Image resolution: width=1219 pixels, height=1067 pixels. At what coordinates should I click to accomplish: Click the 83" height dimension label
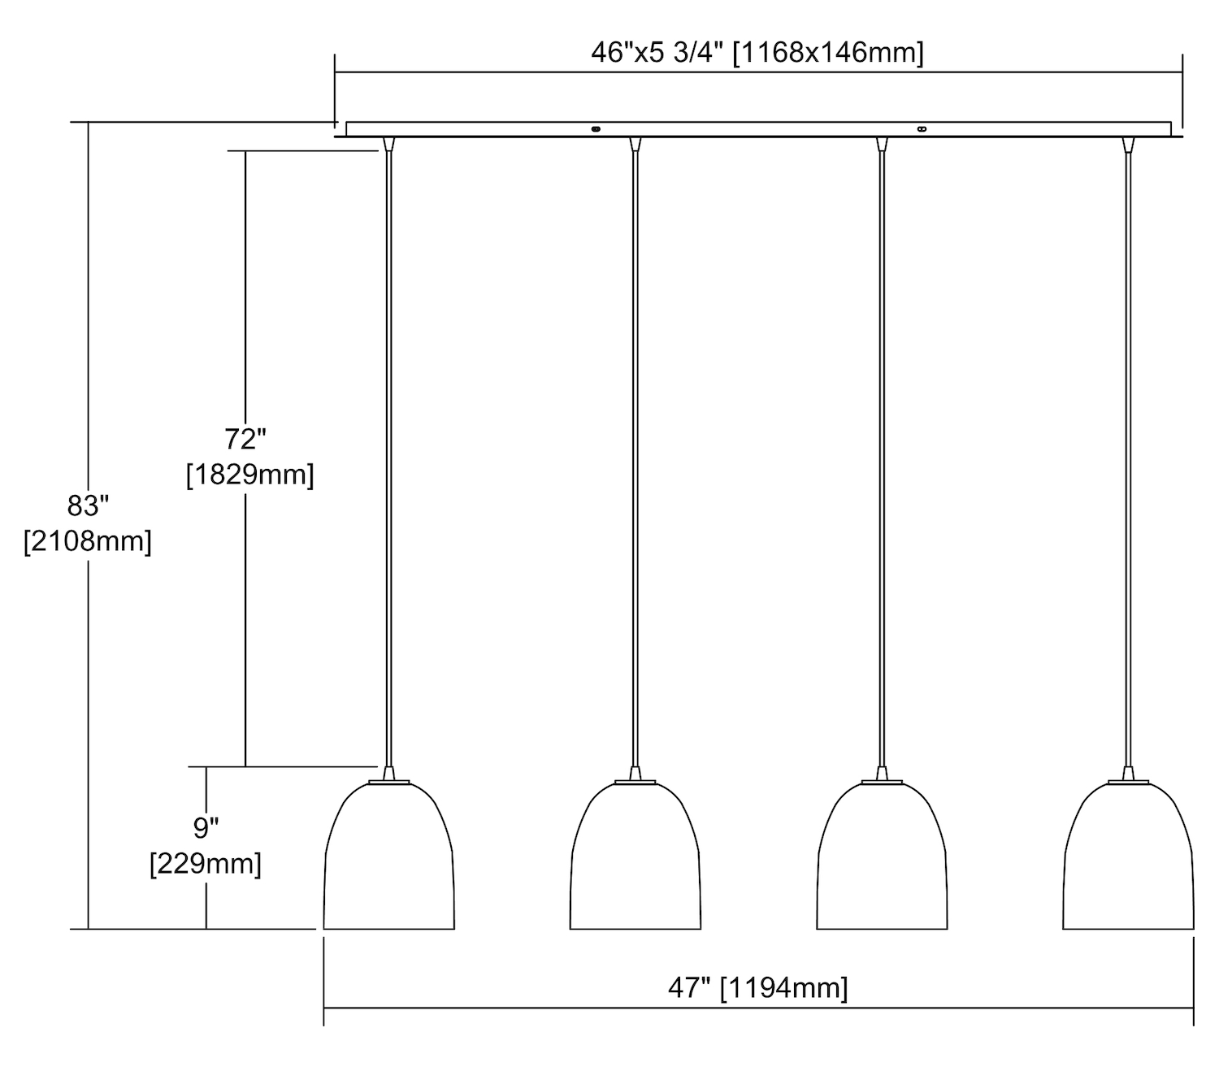(x=89, y=505)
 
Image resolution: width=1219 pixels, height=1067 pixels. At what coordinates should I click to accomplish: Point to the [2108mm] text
(x=88, y=541)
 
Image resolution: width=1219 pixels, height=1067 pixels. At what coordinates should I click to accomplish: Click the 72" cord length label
(x=245, y=439)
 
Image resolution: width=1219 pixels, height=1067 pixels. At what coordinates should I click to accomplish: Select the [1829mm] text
(x=250, y=475)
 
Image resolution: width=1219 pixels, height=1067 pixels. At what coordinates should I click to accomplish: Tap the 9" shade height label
(x=206, y=827)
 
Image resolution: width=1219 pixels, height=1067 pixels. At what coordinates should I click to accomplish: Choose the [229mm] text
(x=206, y=863)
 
